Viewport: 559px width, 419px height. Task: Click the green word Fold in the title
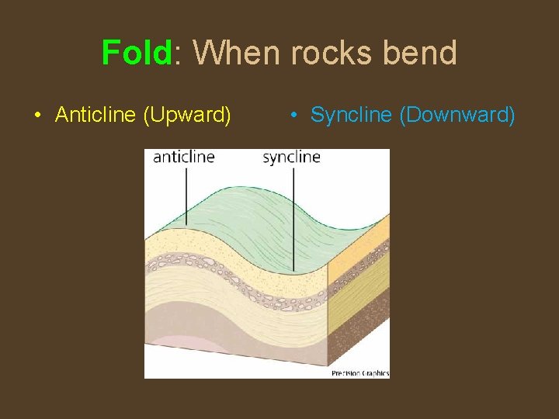[136, 54]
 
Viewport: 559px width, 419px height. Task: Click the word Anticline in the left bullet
[96, 116]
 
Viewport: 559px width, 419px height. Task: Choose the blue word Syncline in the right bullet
[351, 116]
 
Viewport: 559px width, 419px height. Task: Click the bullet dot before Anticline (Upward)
[37, 116]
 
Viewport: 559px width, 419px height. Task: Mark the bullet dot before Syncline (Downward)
[293, 116]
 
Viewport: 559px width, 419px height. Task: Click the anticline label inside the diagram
[184, 157]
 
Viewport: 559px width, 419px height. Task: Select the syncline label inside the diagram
[291, 157]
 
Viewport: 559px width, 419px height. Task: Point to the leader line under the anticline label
[186, 194]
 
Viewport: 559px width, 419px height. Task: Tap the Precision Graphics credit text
[360, 373]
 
